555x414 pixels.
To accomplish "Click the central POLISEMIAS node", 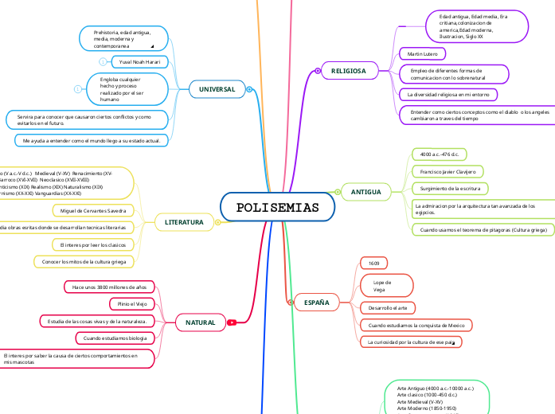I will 277,208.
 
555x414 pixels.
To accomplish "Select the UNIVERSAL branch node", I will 217,90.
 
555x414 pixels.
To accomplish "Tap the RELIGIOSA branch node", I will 348,72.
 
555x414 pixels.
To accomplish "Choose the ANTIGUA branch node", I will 365,192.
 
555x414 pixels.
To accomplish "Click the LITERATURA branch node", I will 184,221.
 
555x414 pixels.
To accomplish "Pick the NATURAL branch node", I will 200,322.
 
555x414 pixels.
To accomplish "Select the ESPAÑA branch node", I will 317,303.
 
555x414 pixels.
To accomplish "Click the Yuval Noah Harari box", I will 140,61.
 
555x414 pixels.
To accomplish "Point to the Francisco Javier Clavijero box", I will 447,171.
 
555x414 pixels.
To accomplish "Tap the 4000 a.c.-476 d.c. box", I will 444,154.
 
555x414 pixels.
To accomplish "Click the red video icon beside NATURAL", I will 232,322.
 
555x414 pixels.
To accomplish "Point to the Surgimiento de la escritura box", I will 448,189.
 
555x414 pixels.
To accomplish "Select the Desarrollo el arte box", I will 387,307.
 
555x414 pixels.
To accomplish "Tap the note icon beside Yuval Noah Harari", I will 103,61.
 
